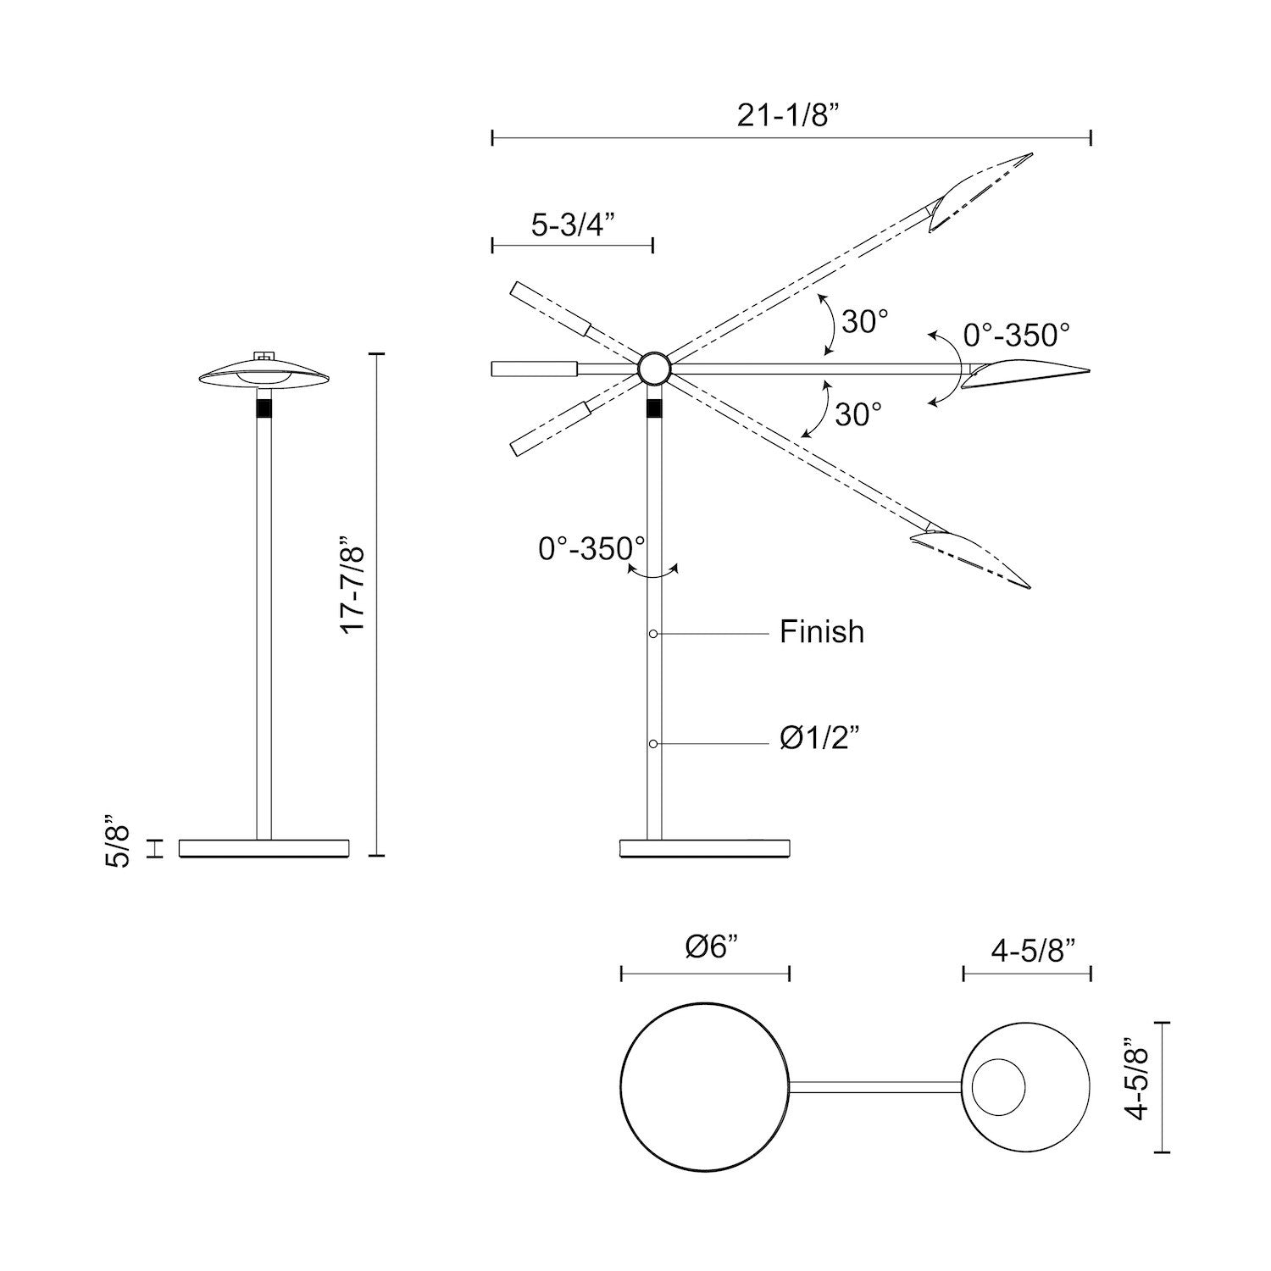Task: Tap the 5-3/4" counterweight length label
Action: [572, 225]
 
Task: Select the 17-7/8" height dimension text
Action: [352, 584]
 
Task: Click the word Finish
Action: [822, 632]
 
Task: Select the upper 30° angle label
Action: [865, 321]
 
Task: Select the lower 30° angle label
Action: [858, 414]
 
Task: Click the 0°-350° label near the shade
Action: [1017, 335]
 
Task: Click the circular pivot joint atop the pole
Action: [654, 369]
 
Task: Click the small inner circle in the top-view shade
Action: [998, 1087]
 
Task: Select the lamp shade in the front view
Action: [264, 375]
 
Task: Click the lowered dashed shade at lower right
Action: [970, 554]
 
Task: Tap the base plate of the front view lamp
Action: [264, 848]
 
